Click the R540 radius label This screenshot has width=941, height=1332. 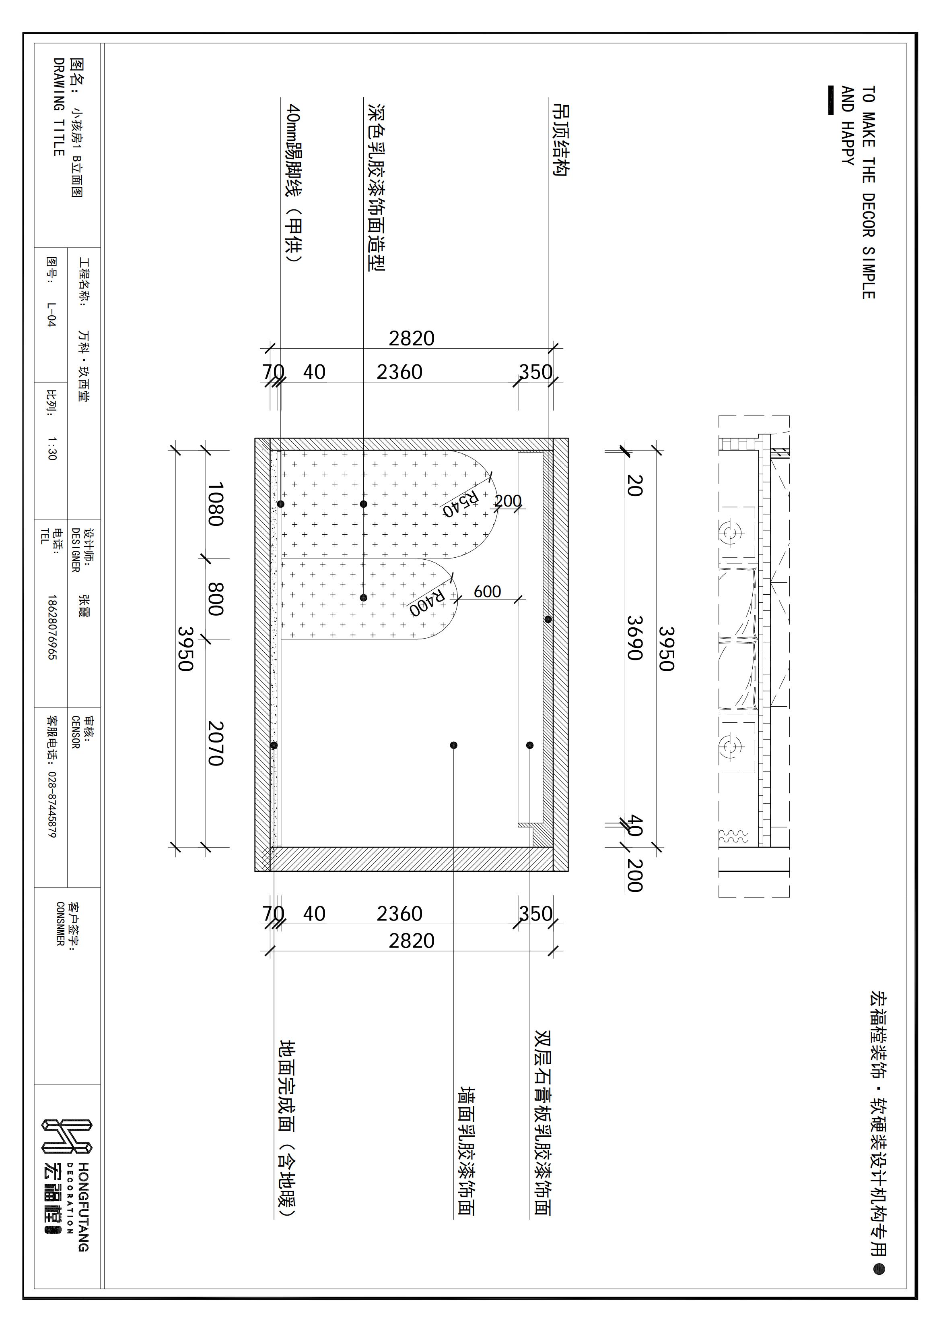point(460,504)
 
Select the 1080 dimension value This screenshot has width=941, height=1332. point(216,504)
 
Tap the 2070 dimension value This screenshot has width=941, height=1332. point(216,743)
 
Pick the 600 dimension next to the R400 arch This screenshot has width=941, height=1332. point(487,591)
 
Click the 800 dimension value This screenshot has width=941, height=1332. point(216,599)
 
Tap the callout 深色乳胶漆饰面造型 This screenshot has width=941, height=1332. point(377,187)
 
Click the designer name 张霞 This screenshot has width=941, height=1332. point(84,605)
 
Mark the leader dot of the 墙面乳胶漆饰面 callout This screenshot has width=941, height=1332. point(453,745)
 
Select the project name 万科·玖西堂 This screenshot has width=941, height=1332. point(84,366)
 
